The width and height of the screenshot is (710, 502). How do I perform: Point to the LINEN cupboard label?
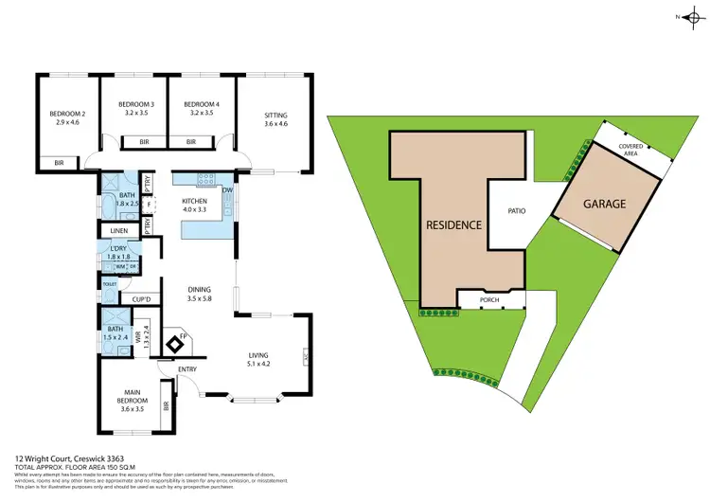(119, 230)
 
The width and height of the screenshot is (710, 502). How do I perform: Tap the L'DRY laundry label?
(118, 252)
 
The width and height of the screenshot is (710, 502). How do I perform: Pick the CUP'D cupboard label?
(145, 300)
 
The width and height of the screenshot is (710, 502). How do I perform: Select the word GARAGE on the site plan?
(605, 205)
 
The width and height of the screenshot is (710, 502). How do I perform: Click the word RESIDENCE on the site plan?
(453, 225)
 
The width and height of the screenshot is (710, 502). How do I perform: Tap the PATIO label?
(515, 211)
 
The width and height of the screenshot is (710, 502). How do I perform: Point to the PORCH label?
(489, 300)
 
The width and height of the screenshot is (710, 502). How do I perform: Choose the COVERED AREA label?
(630, 150)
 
